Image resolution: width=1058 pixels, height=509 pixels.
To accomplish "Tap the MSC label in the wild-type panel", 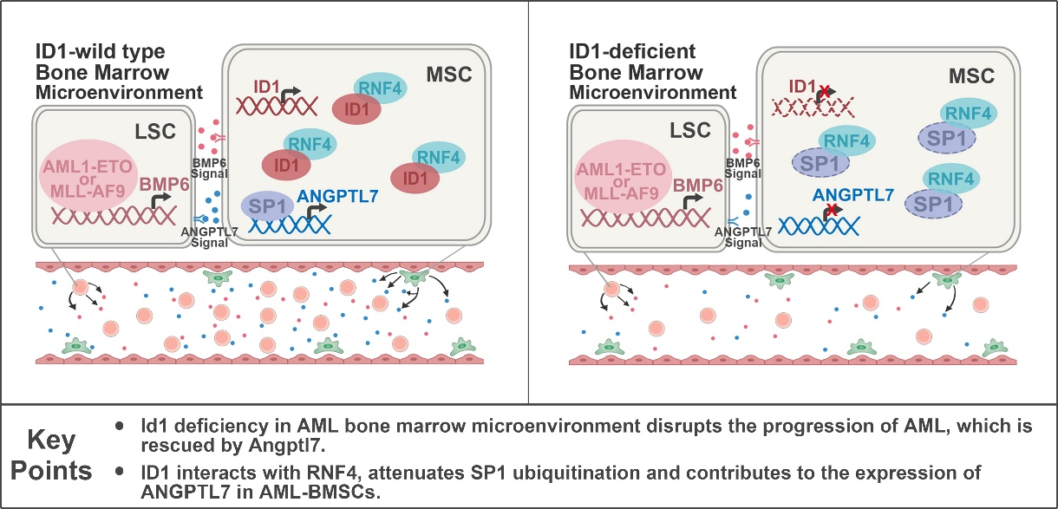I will click(447, 74).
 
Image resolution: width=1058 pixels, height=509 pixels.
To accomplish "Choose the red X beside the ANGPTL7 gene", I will click(832, 211).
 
